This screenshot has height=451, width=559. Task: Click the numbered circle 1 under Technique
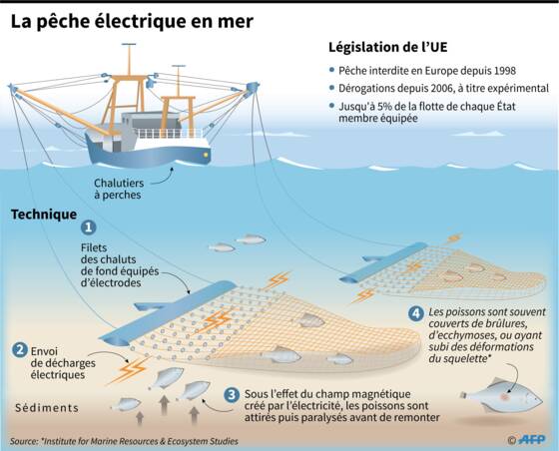[x=89, y=227]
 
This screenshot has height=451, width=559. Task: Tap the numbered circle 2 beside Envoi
[x=20, y=350]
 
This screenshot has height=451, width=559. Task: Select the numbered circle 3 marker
[x=232, y=395]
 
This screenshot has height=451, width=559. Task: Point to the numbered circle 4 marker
[x=415, y=313]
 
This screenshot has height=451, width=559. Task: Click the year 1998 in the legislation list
[x=504, y=71]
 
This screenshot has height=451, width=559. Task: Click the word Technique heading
[x=44, y=215]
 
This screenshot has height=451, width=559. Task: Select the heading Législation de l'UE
[x=388, y=47]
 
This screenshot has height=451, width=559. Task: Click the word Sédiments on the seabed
[x=47, y=408]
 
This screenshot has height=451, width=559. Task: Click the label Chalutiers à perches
[x=119, y=189]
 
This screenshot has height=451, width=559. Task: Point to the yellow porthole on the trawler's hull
[x=206, y=155]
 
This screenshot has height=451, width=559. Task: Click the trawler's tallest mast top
[x=129, y=44]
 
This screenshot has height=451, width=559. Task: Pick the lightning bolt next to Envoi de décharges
[x=129, y=370]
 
